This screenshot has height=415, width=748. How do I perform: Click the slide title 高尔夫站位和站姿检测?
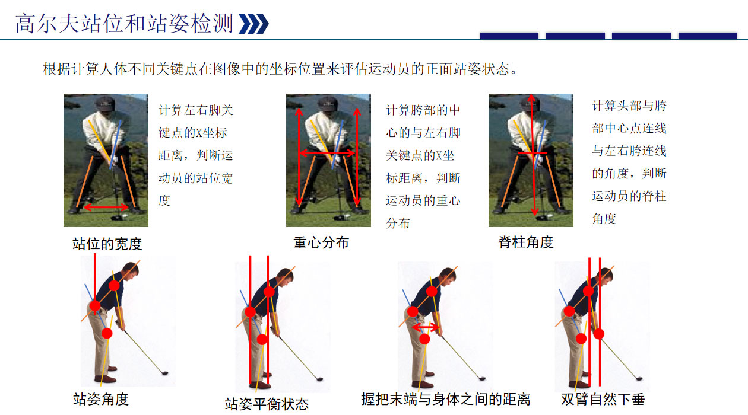tap(124, 24)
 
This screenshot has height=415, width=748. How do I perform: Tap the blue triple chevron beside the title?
tap(254, 24)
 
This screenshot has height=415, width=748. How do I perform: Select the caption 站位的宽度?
tap(107, 244)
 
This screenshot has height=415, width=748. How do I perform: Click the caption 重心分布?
tap(321, 242)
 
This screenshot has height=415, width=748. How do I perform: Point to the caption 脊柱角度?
tap(526, 242)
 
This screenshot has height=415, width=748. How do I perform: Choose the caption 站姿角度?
tap(101, 399)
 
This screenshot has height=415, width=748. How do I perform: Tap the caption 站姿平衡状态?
tap(267, 404)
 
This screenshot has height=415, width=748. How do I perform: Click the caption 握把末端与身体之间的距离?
tap(445, 399)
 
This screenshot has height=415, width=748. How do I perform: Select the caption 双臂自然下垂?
tap(603, 399)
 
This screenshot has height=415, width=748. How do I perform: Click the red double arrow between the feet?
tap(106, 207)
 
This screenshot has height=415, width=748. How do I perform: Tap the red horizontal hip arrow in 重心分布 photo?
tap(327, 153)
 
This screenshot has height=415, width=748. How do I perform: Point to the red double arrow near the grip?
tap(426, 327)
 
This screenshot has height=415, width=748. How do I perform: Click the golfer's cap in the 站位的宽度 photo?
tap(104, 104)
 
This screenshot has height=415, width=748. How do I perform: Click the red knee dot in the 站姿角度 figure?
tap(107, 333)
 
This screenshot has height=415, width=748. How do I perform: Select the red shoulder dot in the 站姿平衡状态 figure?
tap(269, 292)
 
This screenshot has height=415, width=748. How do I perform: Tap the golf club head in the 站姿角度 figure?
tap(165, 373)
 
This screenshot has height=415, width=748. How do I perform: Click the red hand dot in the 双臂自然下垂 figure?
tap(599, 334)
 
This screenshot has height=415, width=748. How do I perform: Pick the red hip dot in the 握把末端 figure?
tap(413, 311)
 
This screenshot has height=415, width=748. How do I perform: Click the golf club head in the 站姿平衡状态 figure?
tap(319, 379)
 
